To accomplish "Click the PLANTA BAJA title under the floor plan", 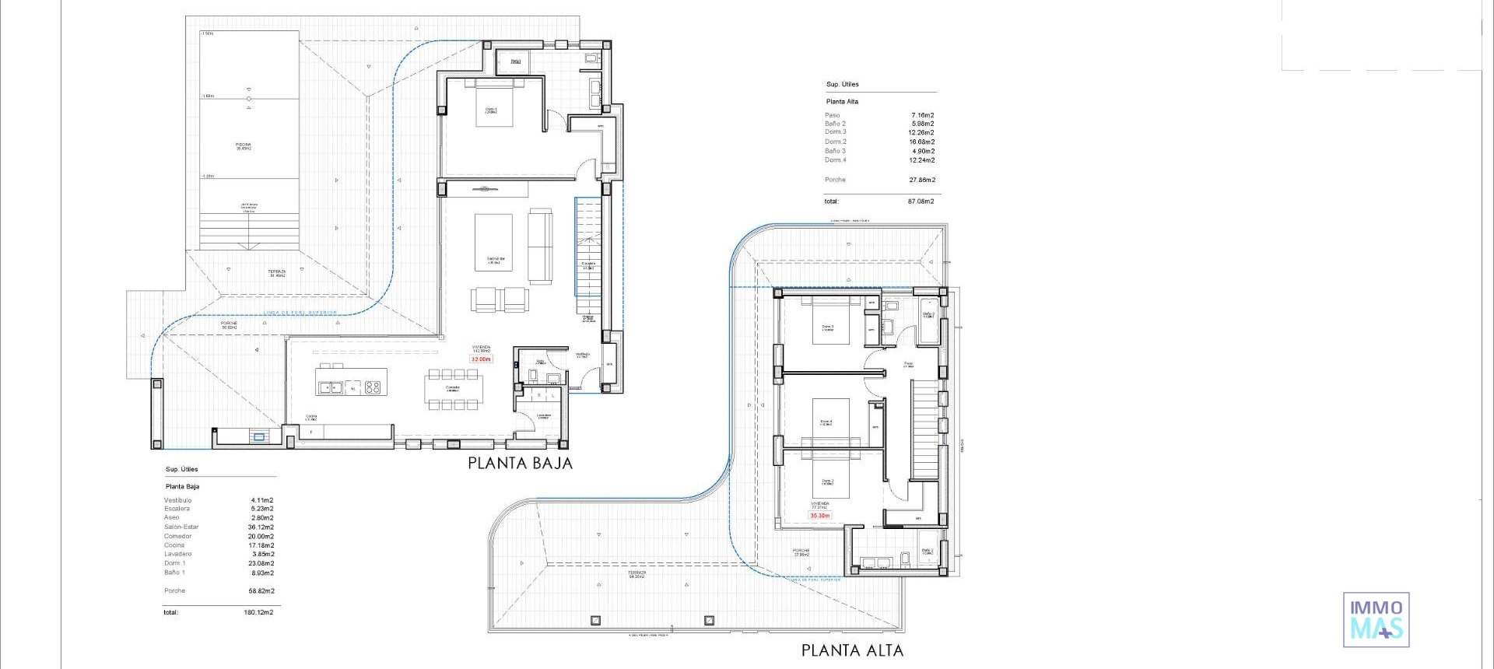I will (x=520, y=464).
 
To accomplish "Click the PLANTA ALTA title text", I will (x=852, y=650).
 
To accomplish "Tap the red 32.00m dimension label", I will (x=481, y=359).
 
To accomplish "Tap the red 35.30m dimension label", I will (x=819, y=516).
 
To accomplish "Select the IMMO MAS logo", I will (x=1376, y=620).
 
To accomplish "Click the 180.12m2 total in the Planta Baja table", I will (x=258, y=613).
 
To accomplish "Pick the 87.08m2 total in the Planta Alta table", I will (x=921, y=201).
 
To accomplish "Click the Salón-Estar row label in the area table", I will (x=181, y=527).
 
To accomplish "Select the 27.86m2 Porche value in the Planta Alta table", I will (x=921, y=180).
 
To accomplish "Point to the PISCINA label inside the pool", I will (x=244, y=145).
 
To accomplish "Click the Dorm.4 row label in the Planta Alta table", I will (x=835, y=160).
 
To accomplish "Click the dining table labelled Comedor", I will (x=453, y=389).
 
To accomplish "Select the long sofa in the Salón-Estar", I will (x=540, y=246).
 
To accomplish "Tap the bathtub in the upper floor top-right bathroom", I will (x=928, y=320).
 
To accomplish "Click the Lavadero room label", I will (x=543, y=416).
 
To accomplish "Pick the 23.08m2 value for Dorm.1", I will (x=261, y=564).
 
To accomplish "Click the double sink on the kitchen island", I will (x=329, y=387).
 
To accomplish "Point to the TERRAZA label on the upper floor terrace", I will (x=637, y=574).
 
